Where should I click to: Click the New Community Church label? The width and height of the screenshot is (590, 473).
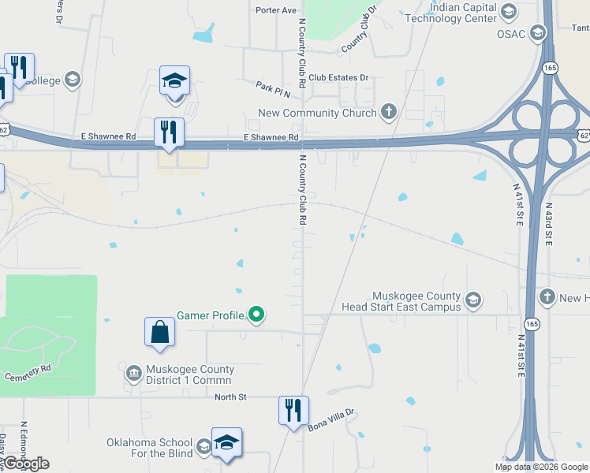[x=317, y=113]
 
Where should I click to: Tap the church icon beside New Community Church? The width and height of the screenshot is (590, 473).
[x=388, y=112]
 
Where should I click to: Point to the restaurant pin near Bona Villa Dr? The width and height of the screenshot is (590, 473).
[x=292, y=410]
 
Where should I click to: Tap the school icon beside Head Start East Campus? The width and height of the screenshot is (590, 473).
[x=472, y=300]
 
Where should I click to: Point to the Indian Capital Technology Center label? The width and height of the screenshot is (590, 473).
[x=462, y=13]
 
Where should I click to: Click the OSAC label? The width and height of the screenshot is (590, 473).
[x=511, y=33]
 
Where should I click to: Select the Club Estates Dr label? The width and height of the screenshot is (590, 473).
[x=339, y=77]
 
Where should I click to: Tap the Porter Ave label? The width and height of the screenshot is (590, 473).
[x=275, y=10]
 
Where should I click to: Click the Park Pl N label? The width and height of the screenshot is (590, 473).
[x=273, y=88]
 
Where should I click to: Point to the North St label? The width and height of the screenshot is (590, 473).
[x=231, y=397]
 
